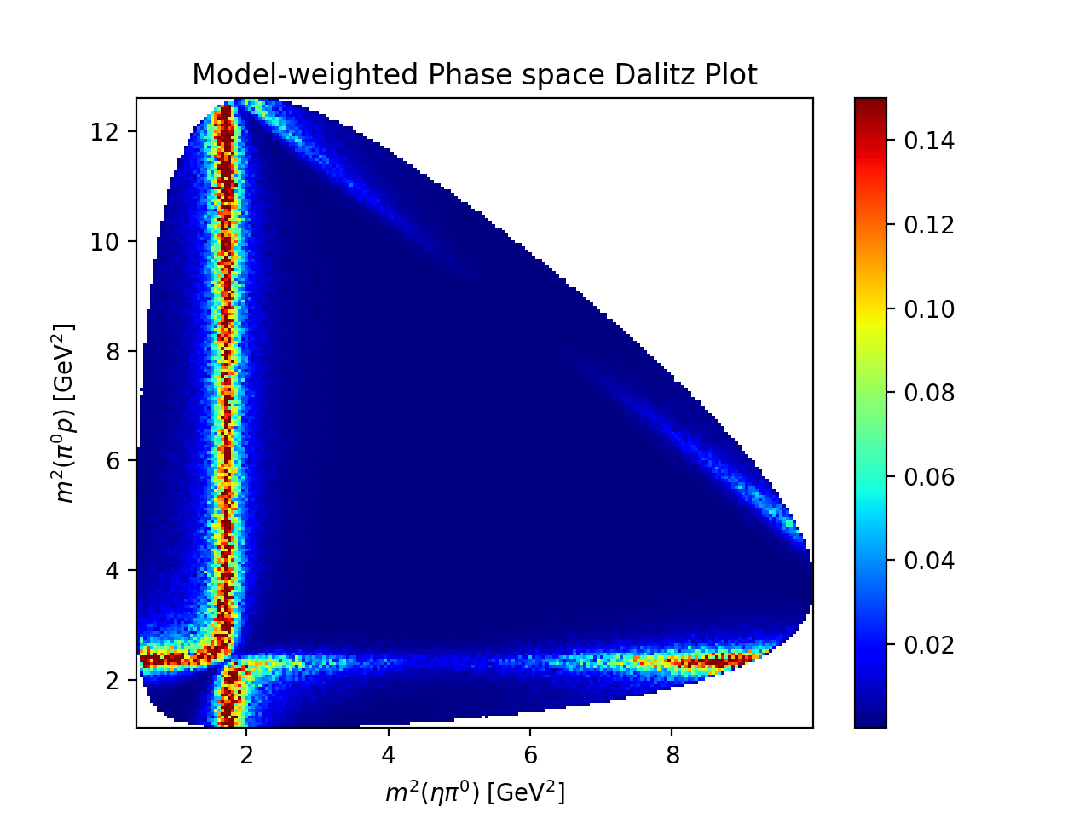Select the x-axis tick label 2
click(x=246, y=755)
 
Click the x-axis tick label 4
click(x=389, y=755)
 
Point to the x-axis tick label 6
click(x=530, y=755)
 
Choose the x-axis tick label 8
click(x=672, y=755)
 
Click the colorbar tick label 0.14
click(x=929, y=141)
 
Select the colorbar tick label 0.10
click(x=929, y=309)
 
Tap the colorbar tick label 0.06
click(x=929, y=477)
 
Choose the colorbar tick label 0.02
click(x=929, y=645)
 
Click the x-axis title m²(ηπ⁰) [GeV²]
click(x=475, y=793)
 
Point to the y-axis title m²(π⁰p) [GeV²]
click(x=65, y=412)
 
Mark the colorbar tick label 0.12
click(x=929, y=225)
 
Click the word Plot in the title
click(x=729, y=75)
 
